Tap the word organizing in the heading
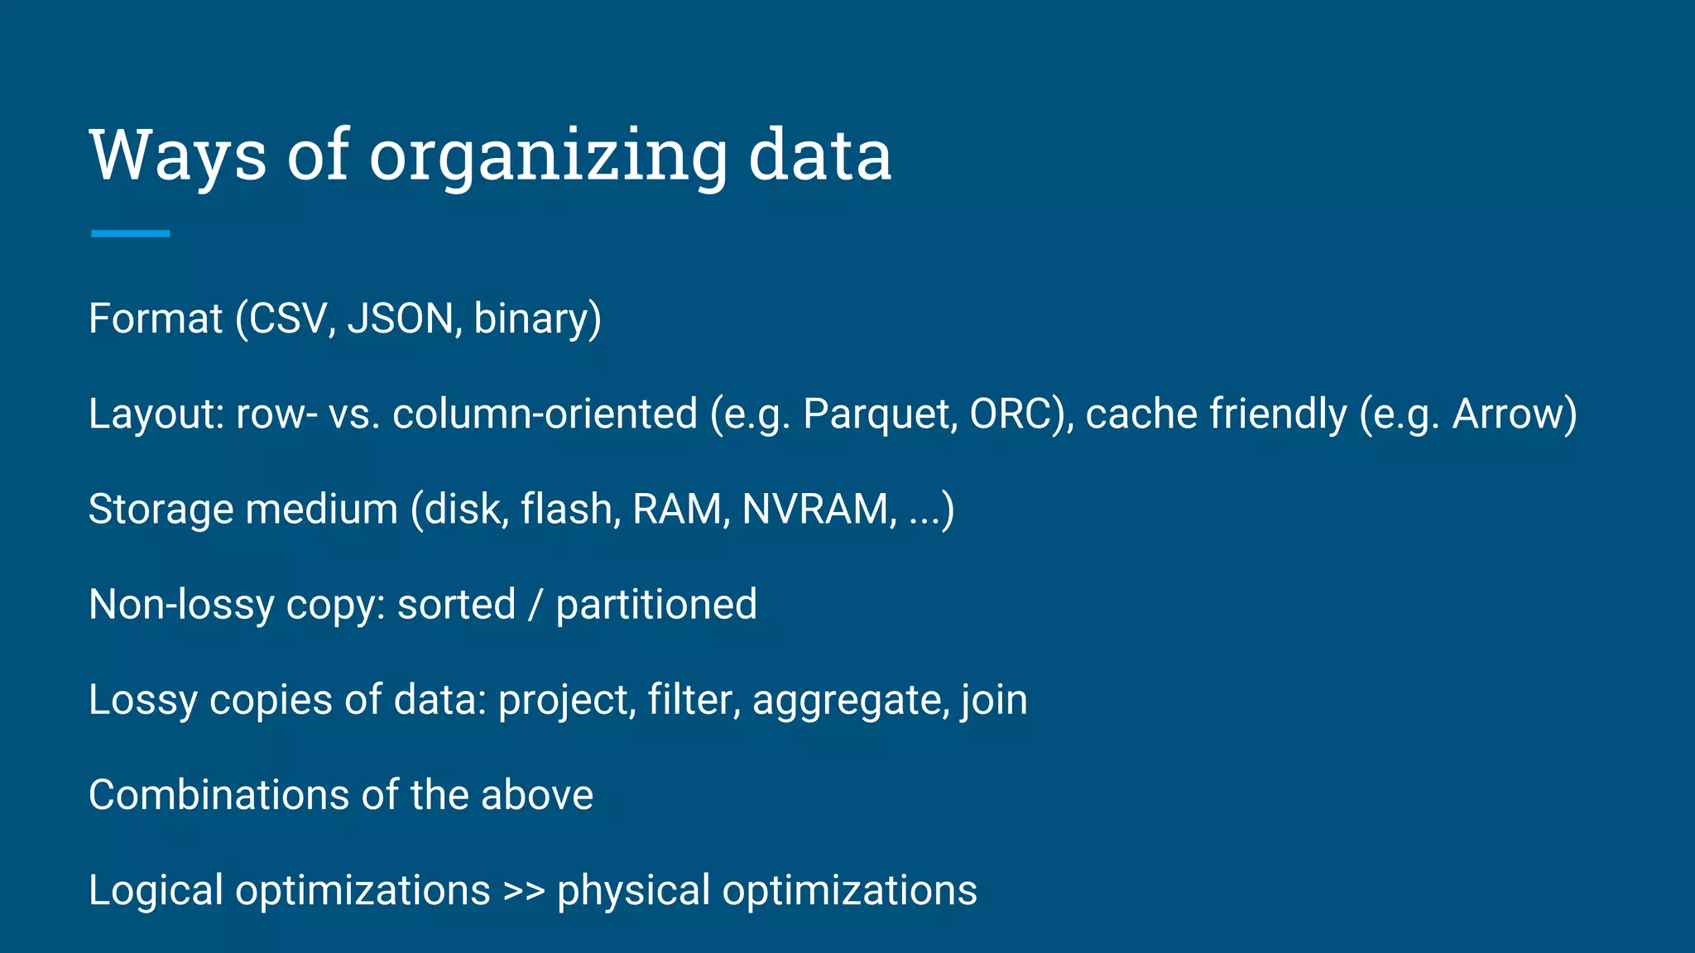(x=547, y=157)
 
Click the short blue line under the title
(x=130, y=234)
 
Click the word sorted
(x=456, y=605)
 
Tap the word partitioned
(x=656, y=605)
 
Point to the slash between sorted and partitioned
(x=535, y=605)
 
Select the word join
(x=994, y=701)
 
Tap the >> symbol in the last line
(x=524, y=891)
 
